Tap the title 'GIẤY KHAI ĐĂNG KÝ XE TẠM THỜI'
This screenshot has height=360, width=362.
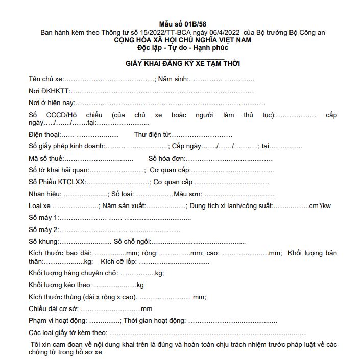183,63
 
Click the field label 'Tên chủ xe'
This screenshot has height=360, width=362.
45,79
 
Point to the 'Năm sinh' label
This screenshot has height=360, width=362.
173,79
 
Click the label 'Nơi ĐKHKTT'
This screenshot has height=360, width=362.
49,91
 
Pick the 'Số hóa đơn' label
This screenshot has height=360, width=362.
165,158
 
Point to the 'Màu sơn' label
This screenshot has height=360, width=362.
188,194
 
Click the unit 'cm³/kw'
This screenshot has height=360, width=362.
320,206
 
